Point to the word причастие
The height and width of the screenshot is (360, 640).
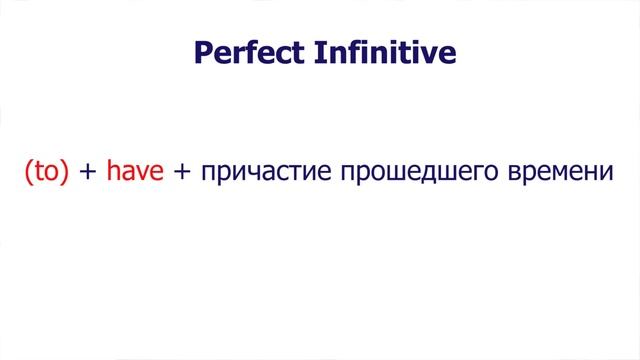tap(267, 173)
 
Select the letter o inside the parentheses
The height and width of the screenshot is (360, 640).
tap(51, 174)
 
